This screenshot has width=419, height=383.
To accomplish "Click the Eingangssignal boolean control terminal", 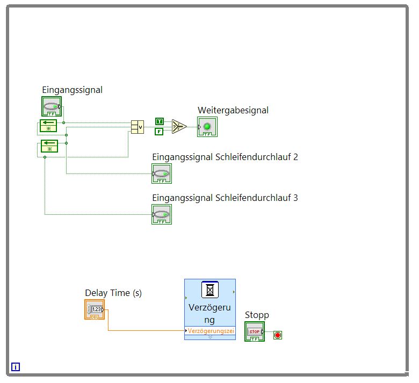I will (52, 106).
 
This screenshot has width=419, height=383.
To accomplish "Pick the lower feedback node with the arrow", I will (49, 146).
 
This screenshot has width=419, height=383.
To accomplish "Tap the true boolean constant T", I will (159, 121).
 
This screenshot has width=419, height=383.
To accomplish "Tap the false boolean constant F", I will (159, 132).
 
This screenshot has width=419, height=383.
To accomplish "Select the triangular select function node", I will (179, 127).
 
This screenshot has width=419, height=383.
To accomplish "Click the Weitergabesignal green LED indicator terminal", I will (207, 127).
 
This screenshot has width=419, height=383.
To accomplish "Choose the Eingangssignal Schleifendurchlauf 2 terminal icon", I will (162, 174).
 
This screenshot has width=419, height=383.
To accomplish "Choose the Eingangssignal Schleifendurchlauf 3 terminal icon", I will (162, 214).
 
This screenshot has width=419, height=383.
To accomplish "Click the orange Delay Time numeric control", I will (95, 309).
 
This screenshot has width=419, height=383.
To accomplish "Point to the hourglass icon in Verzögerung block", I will (209, 290).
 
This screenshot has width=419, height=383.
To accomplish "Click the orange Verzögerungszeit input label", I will (211, 331).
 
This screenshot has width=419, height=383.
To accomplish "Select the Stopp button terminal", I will (255, 331).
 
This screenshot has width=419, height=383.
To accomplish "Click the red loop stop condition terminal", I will (278, 335).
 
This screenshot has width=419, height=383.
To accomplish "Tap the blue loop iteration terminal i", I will (16, 367).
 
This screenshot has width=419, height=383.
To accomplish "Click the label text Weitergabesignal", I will (233, 110).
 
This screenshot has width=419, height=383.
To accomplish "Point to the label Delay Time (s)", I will (113, 293).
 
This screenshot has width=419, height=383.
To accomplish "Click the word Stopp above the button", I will (257, 315).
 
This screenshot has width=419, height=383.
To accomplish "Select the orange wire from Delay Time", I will (145, 330).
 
